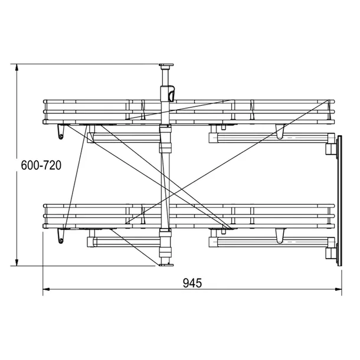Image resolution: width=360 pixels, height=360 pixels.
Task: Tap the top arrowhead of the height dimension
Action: (x=17, y=68)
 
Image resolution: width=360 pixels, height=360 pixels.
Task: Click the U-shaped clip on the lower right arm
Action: (x=280, y=237)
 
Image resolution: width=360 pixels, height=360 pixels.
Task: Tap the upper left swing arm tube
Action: (x=124, y=138)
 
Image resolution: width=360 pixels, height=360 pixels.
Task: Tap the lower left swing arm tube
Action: (x=124, y=241)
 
